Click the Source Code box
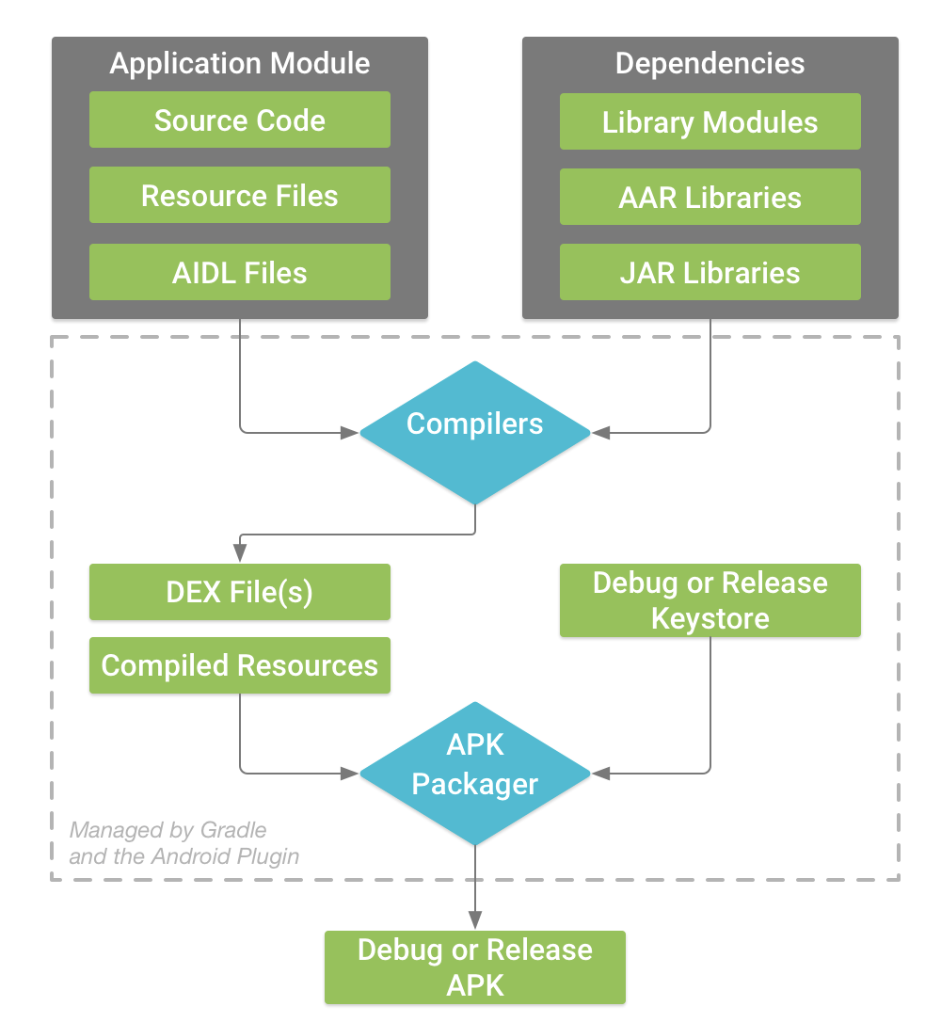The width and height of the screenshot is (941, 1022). coord(239,120)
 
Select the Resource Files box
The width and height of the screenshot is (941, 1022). coord(239,196)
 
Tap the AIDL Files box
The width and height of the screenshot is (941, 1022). coord(239,273)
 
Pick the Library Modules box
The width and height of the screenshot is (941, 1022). coord(710,122)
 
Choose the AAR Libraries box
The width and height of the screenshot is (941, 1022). coord(710,198)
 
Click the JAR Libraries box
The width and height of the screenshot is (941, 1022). coord(710,273)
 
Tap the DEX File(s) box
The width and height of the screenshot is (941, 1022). coord(239,592)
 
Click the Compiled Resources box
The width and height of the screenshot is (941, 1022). coord(239,666)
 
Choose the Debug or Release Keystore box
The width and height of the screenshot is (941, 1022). coord(710,600)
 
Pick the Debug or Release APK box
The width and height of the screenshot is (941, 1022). coord(474,967)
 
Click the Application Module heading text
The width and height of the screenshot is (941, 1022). coord(239,63)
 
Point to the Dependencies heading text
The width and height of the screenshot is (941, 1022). coord(710,63)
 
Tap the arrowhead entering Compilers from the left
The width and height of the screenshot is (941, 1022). coord(353,433)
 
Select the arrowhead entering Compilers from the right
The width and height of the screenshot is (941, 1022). coord(598,433)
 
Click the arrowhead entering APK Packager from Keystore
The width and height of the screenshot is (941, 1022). coord(598,773)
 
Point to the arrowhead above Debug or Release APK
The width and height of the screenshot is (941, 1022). coord(474,922)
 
